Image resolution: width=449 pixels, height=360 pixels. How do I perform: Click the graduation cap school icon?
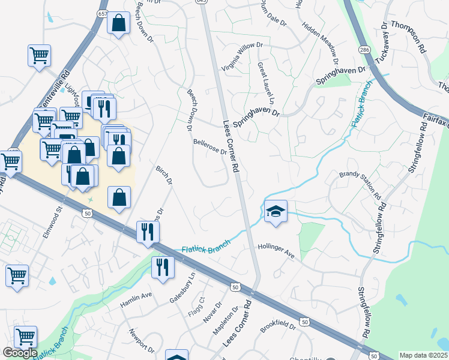tap(276, 211)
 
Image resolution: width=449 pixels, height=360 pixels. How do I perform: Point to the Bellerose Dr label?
tap(209, 147)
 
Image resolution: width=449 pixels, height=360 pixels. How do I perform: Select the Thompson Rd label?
tap(408, 37)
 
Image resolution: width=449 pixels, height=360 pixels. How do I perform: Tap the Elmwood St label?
tap(52, 223)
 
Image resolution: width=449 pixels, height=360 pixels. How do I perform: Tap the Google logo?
tap(20, 353)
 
